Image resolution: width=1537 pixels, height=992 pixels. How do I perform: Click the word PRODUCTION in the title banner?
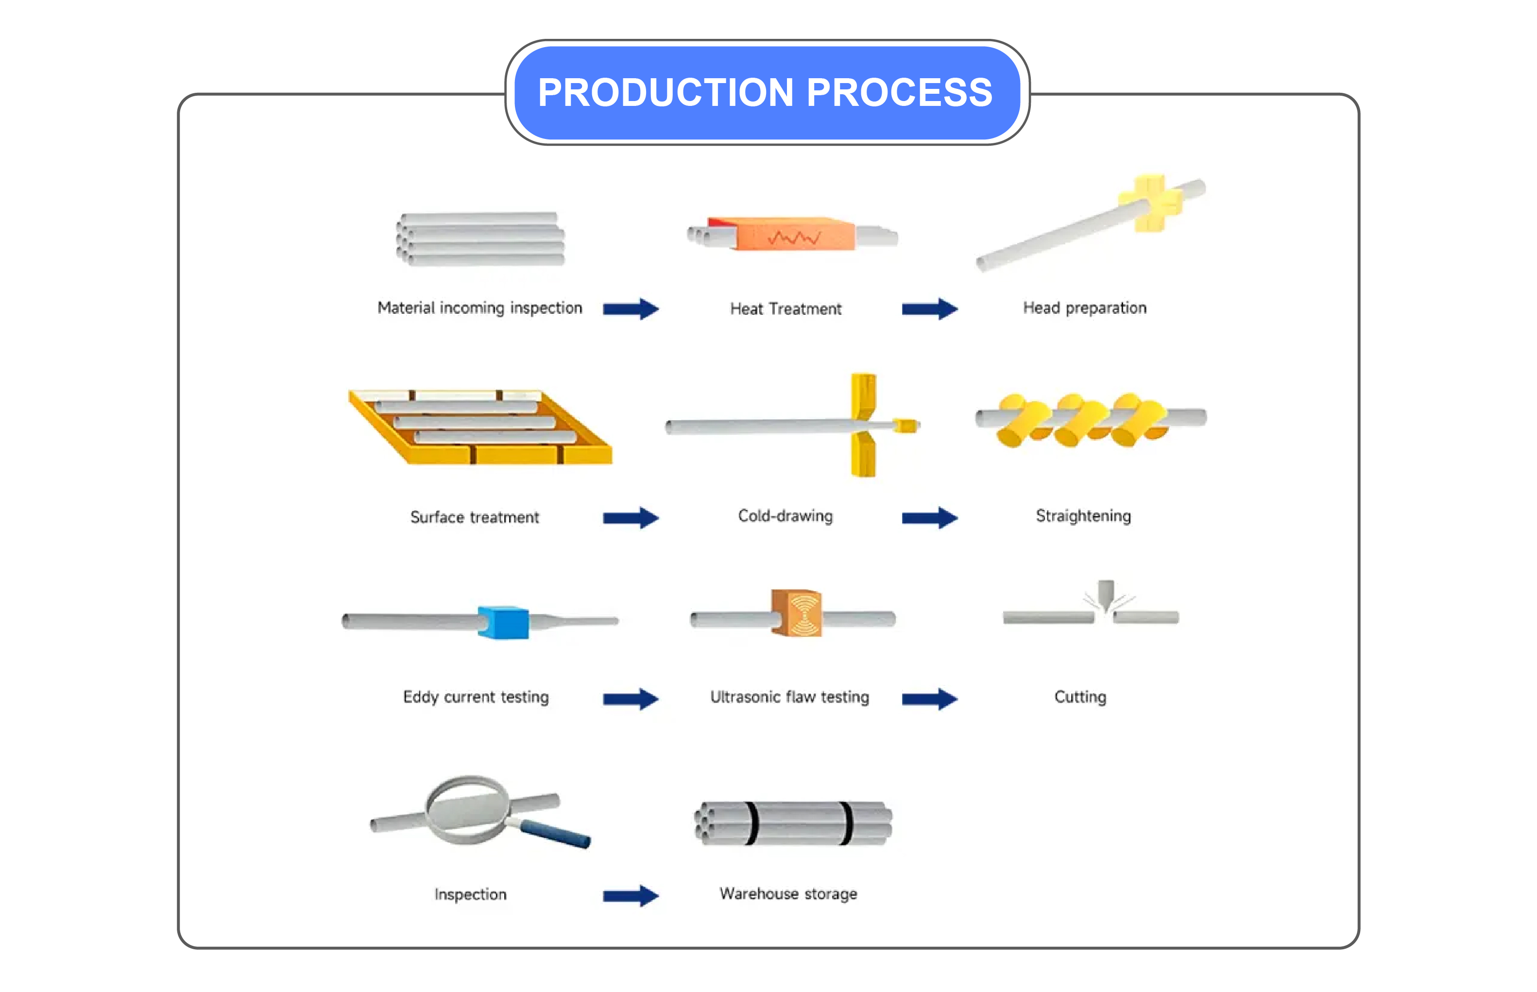[665, 92]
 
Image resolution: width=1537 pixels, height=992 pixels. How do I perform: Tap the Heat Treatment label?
[785, 309]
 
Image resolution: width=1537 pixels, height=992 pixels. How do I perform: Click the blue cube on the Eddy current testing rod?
[503, 622]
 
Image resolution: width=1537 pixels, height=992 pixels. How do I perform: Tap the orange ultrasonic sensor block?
[797, 613]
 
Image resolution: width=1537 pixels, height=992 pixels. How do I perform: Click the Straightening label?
[1083, 516]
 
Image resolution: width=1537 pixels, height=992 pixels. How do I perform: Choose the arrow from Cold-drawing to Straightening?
[929, 517]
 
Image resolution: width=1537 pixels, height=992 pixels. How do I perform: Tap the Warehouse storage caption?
[788, 894]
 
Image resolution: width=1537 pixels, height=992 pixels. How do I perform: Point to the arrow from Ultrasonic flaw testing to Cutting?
[929, 698]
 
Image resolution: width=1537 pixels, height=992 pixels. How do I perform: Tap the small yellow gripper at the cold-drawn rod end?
[905, 425]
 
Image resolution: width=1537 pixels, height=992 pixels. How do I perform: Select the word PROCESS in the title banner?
[899, 92]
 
